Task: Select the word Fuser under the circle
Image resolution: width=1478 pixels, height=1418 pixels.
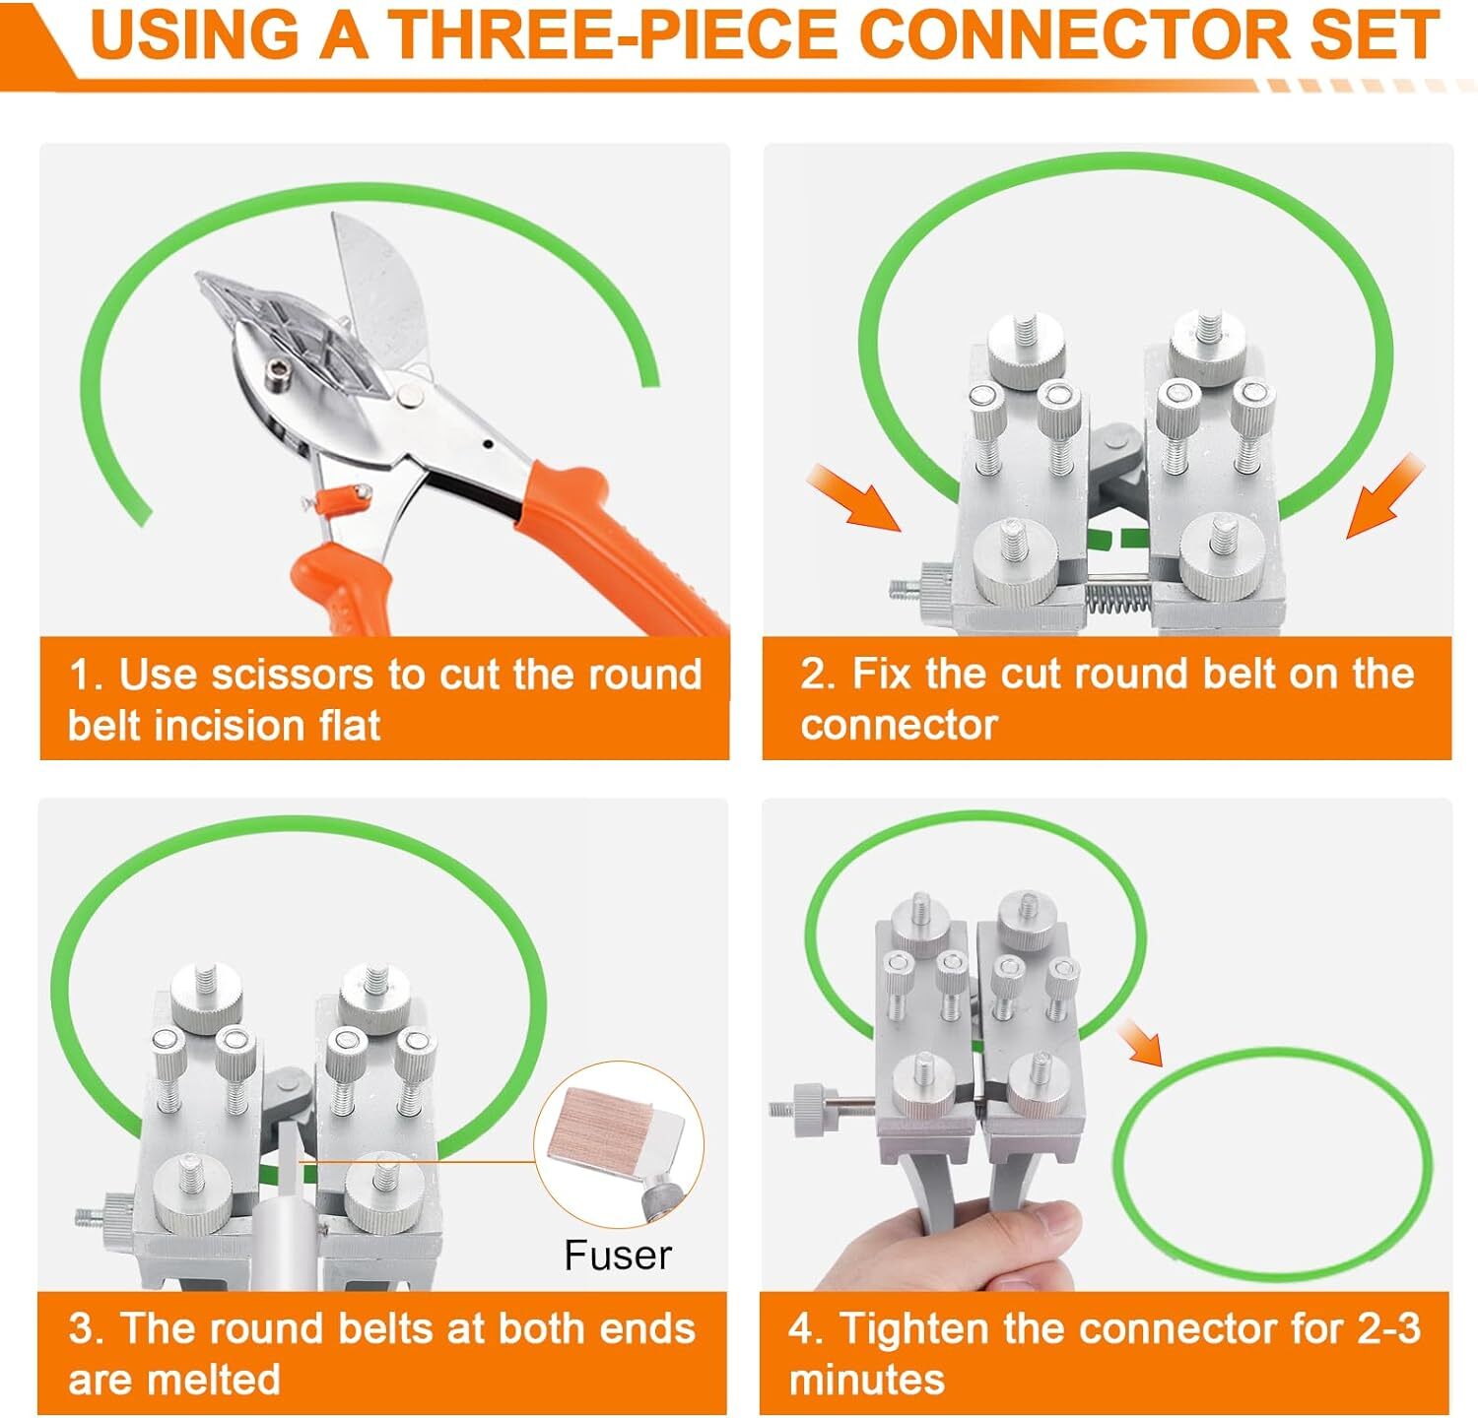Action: pos(618,1256)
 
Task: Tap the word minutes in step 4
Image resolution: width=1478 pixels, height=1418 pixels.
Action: pos(867,1379)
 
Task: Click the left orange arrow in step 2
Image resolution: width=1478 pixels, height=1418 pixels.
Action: pos(853,498)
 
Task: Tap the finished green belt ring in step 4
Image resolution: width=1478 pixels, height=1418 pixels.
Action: pos(1118,1162)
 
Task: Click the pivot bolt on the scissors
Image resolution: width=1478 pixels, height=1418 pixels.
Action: pos(410,394)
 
